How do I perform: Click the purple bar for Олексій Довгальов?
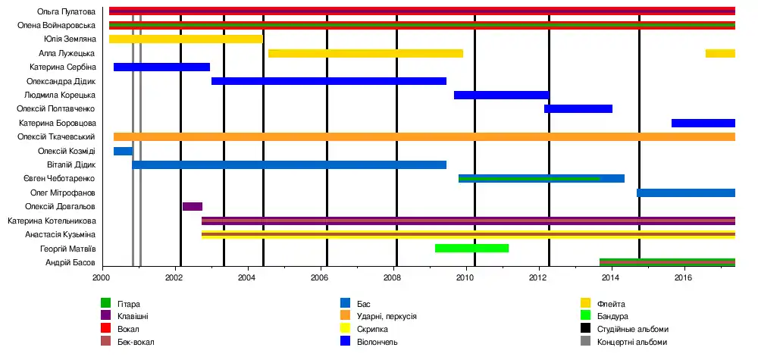pyautogui.click(x=193, y=206)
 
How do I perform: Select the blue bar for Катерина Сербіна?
pyautogui.click(x=161, y=67)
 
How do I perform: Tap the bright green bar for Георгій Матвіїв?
pyautogui.click(x=471, y=248)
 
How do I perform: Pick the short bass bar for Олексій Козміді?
pyautogui.click(x=123, y=151)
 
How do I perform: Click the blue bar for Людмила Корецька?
pyautogui.click(x=501, y=95)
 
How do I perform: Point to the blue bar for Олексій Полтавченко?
pyautogui.click(x=578, y=109)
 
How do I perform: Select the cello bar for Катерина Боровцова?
pyautogui.click(x=703, y=123)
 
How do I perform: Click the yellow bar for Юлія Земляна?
pyautogui.click(x=186, y=39)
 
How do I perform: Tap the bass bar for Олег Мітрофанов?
pyautogui.click(x=685, y=193)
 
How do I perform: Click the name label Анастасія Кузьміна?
pyautogui.click(x=62, y=234)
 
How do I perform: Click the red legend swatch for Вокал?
pyautogui.click(x=106, y=329)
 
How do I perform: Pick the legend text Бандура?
pyautogui.click(x=612, y=316)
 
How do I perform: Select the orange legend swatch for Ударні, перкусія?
pyautogui.click(x=346, y=316)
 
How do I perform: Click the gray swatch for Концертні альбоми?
pyautogui.click(x=585, y=342)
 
